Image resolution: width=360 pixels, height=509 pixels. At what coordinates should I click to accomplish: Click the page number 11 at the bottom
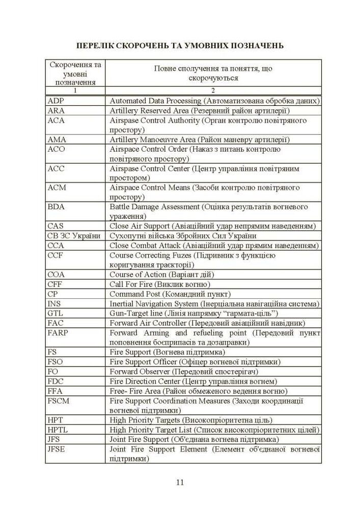coord(180,483)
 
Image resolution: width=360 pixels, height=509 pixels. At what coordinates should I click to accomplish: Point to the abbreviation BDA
coord(56,207)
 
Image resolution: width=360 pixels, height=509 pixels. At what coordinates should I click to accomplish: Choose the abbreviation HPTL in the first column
coord(58,430)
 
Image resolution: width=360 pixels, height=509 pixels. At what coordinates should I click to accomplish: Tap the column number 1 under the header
coord(75,91)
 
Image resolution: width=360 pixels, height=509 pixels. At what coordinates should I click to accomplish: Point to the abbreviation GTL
coord(55,314)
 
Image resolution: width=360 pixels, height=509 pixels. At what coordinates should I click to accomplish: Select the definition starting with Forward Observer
coord(182,372)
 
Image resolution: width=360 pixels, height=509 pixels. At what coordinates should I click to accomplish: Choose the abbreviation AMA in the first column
coord(57,139)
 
